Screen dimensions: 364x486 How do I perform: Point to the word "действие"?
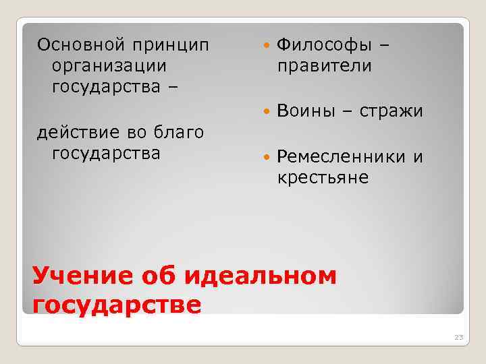[x=74, y=131]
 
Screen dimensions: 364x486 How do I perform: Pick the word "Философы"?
[x=325, y=45]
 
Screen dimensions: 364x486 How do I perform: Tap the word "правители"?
[x=325, y=66]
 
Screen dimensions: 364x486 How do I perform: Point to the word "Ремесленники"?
[x=342, y=157]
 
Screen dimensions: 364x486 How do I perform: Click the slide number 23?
[x=459, y=337]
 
